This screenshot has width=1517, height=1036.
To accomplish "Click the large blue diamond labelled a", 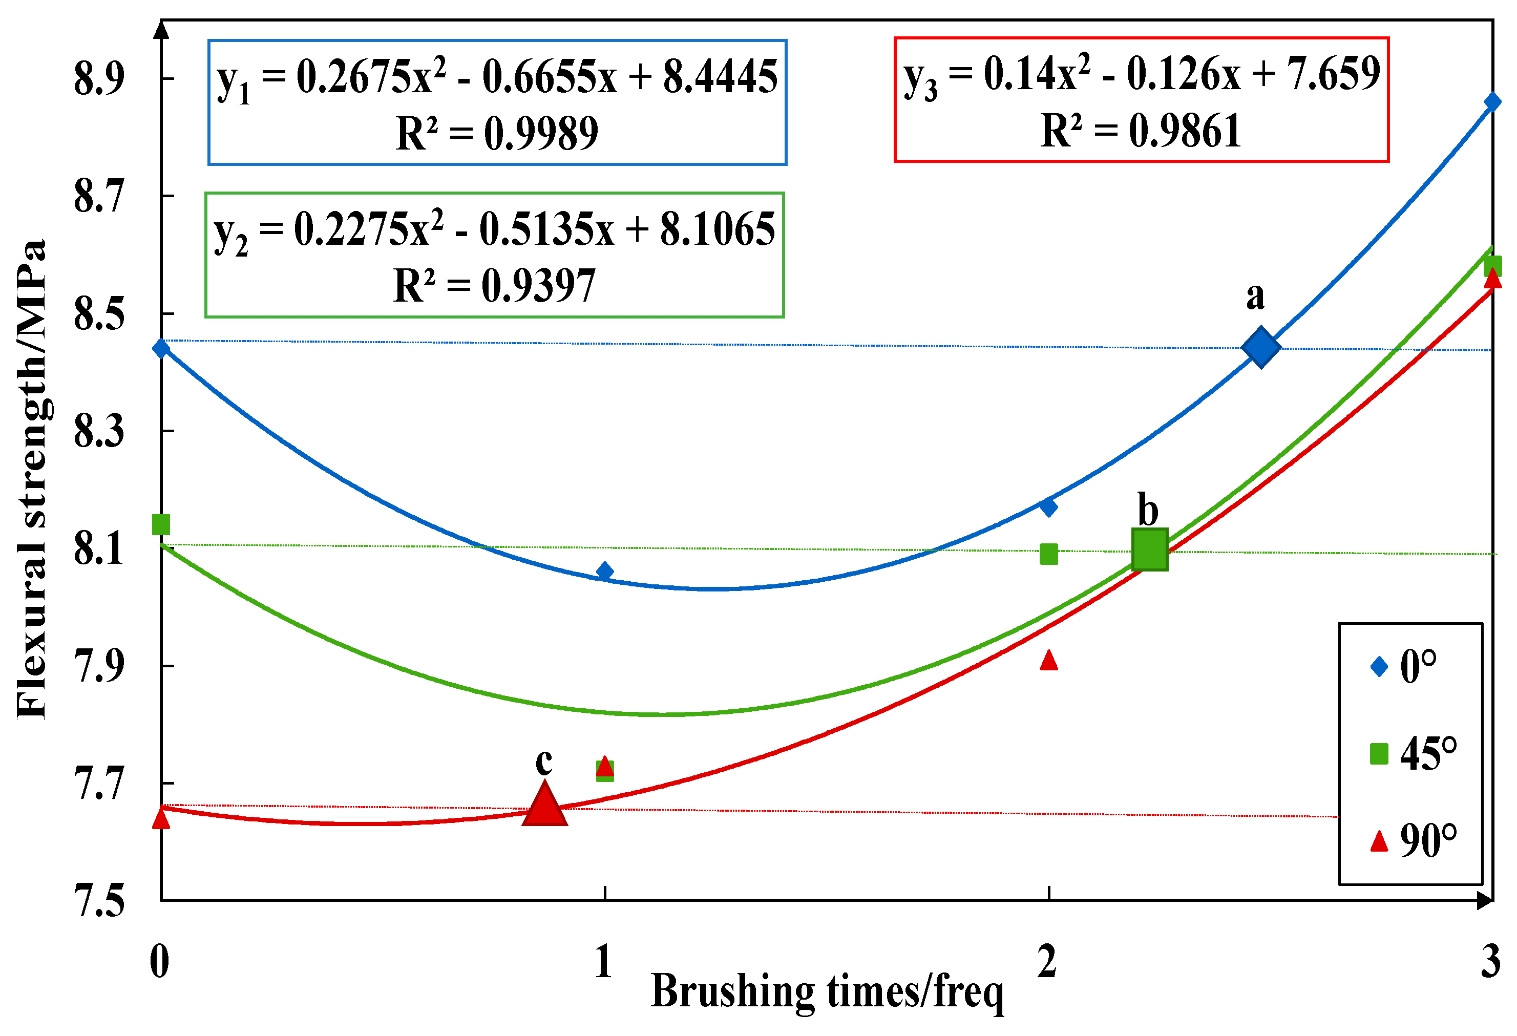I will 1260,347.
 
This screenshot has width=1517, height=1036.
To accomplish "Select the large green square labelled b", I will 1149,549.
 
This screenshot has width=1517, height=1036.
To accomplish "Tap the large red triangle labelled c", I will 544,805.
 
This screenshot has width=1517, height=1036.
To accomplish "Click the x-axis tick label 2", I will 1047,961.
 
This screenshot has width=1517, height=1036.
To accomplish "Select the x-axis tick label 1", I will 604,961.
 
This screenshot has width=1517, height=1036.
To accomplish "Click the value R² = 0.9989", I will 497,133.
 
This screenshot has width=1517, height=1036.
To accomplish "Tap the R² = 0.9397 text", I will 494,285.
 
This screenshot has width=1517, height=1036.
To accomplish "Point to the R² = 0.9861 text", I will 1141,131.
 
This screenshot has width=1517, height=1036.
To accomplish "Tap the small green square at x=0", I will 161,524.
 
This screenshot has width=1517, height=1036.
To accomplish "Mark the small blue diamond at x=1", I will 604,571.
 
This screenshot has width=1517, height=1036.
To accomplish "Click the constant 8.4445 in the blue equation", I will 720,77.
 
